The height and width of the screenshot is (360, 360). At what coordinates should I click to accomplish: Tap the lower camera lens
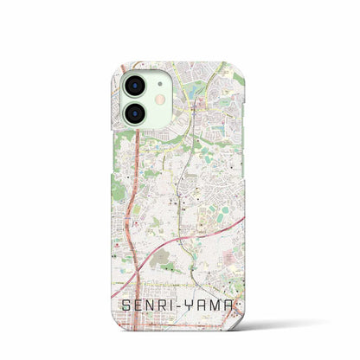[x=137, y=114]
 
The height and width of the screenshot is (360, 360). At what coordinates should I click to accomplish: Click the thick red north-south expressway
[x=131, y=216]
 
